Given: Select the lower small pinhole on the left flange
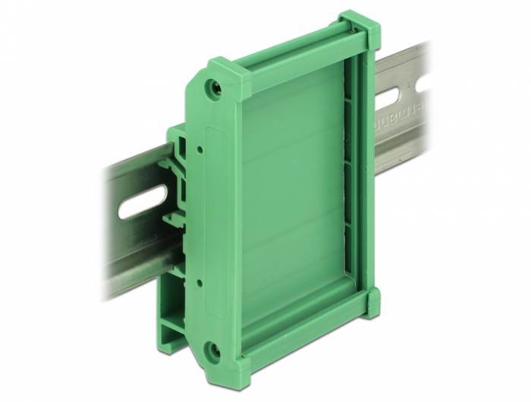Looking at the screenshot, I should click(199, 281).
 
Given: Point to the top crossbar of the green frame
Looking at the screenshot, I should click(296, 57).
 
